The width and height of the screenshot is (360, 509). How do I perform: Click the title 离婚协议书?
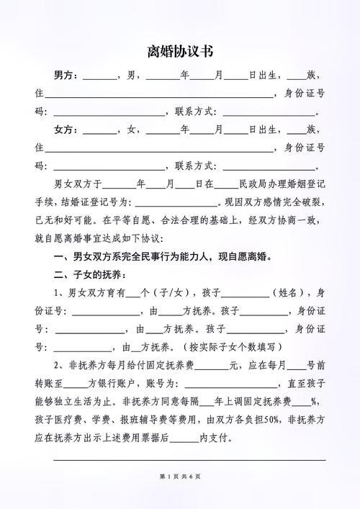179,52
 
